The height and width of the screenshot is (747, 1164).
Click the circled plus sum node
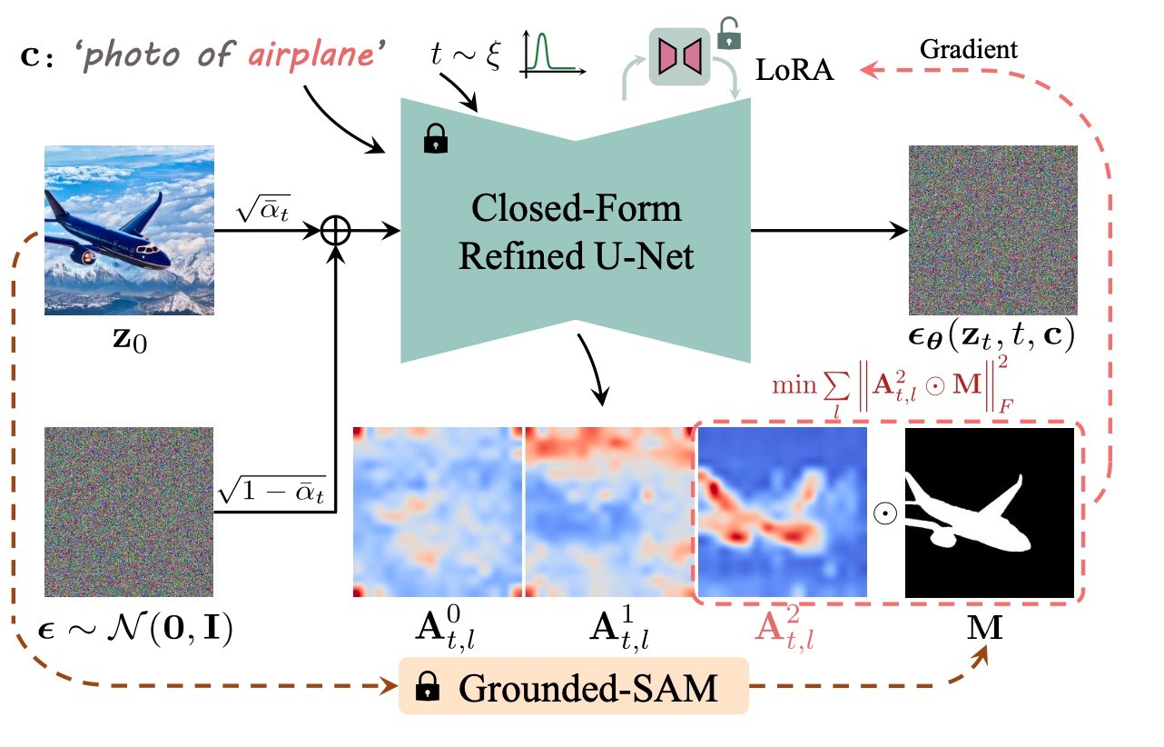coord(337,232)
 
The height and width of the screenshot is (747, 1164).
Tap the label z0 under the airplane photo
coord(129,344)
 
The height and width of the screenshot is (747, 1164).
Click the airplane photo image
coord(129,230)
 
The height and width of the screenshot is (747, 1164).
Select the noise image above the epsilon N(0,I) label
coord(129,512)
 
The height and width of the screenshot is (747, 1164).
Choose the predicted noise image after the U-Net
coord(992,230)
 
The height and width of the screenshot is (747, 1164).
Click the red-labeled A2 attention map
coord(782,512)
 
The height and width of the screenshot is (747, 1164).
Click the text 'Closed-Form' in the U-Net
coord(576,210)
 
